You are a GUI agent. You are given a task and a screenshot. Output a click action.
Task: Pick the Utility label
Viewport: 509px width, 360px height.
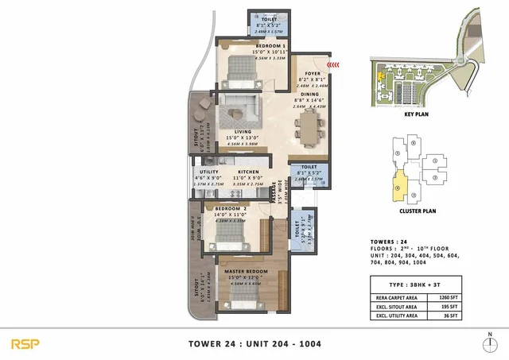[209, 172]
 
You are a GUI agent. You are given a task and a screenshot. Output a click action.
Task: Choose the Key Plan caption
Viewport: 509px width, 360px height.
[417, 114]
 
